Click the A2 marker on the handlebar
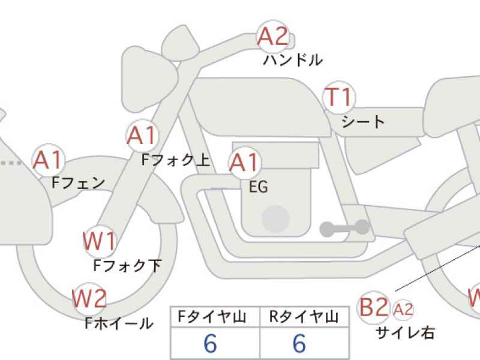pyautogui.click(x=273, y=36)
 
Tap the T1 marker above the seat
pyautogui.click(x=339, y=97)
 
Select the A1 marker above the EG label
pyautogui.click(x=245, y=163)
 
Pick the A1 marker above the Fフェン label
pyautogui.click(x=49, y=160)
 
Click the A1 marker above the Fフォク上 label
pyautogui.click(x=142, y=136)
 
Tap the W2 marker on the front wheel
pyautogui.click(x=89, y=299)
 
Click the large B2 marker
pyautogui.click(x=373, y=307)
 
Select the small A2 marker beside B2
pyautogui.click(x=403, y=310)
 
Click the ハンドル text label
pyautogui.click(x=293, y=60)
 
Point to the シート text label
pyautogui.click(x=363, y=122)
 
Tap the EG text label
pyautogui.click(x=259, y=187)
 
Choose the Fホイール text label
pyautogui.click(x=119, y=323)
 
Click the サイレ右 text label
pyautogui.click(x=405, y=333)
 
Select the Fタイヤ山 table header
pyautogui.click(x=212, y=317)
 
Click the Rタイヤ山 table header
pyautogui.click(x=304, y=317)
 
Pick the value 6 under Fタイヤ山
pyautogui.click(x=211, y=343)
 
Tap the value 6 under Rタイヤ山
pyautogui.click(x=299, y=343)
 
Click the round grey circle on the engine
pyautogui.click(x=275, y=219)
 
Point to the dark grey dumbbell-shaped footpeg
pyautogui.click(x=344, y=228)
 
